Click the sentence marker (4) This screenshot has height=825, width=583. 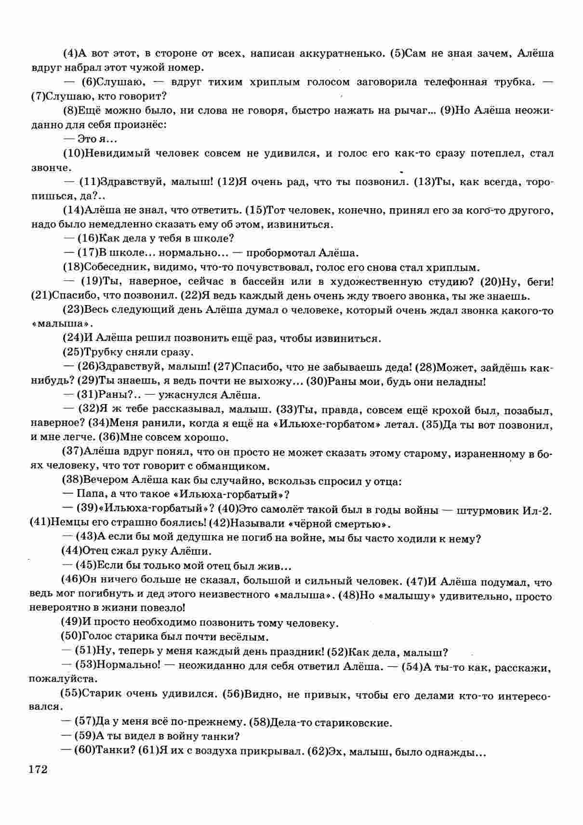pos(70,53)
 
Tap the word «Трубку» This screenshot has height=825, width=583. pos(101,352)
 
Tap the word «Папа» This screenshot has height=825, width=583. pos(90,494)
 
